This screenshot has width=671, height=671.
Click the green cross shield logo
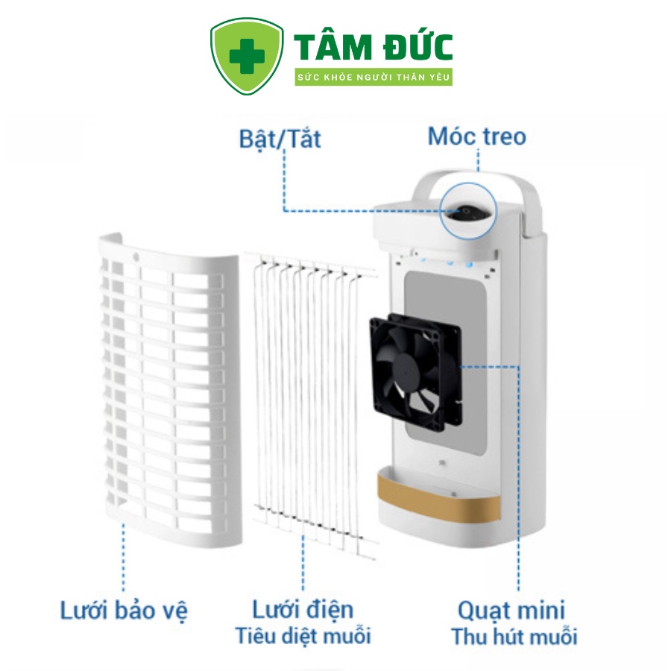[247, 57]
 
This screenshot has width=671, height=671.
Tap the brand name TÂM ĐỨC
[374, 46]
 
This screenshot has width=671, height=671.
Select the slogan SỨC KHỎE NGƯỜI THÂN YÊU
[374, 78]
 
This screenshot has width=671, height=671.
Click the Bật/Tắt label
[280, 139]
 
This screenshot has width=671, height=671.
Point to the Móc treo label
[476, 136]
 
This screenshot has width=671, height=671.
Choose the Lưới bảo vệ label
[124, 611]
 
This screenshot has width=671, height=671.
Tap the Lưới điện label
[303, 610]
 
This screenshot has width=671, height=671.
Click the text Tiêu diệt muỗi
[303, 636]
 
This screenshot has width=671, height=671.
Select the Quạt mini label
[511, 610]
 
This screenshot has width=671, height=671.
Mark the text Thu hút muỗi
[514, 637]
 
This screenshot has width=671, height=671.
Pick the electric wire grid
[309, 403]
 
